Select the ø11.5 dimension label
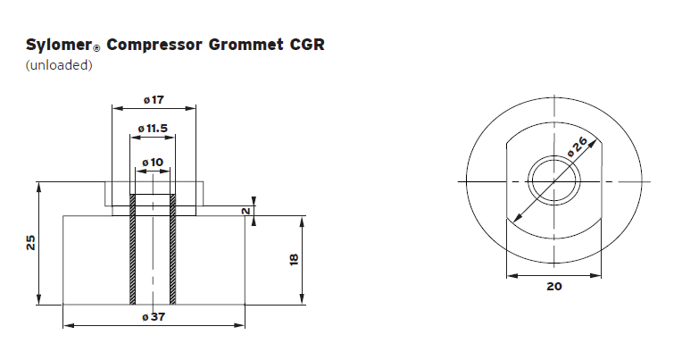[153, 129]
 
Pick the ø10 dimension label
[153, 162]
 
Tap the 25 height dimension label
[31, 242]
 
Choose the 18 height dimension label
[293, 259]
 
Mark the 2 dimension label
[245, 210]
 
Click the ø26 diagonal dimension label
[577, 147]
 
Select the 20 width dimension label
[553, 288]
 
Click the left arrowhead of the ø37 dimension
[66, 324]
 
